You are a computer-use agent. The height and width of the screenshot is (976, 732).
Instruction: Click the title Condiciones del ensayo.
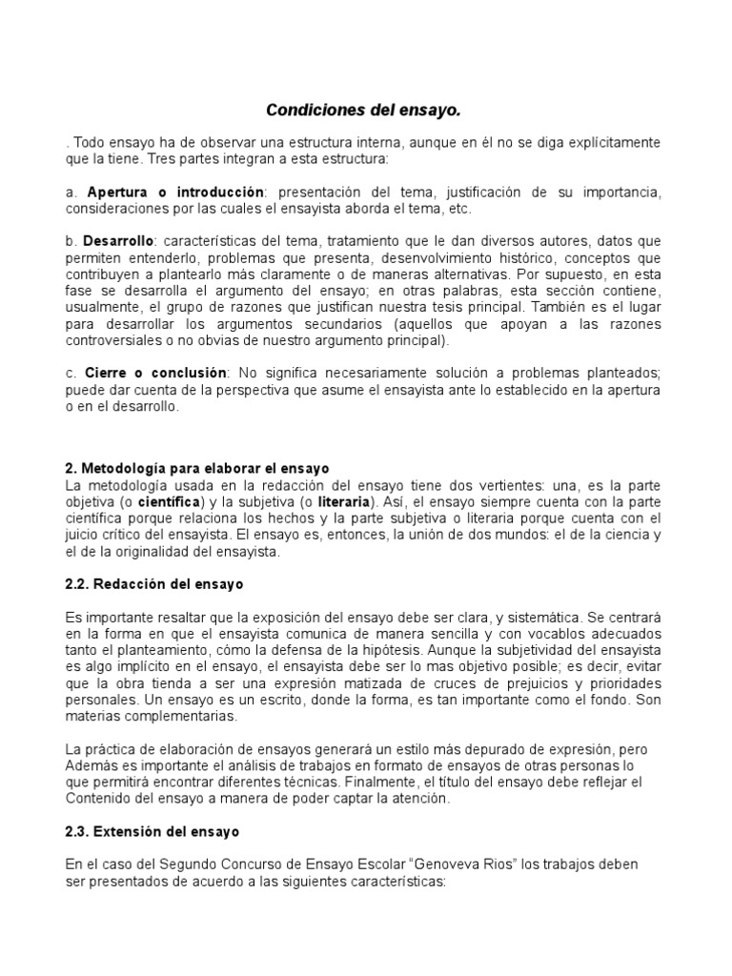pos(361,112)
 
